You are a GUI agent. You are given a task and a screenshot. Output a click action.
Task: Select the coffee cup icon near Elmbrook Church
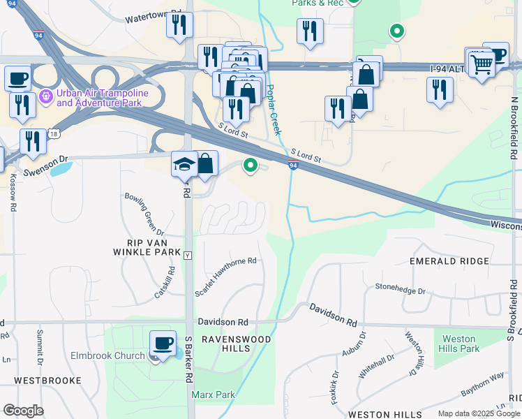click(163, 344)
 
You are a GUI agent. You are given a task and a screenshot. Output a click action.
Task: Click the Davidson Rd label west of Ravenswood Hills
click(223, 323)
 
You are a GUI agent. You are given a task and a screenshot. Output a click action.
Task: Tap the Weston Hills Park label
click(460, 344)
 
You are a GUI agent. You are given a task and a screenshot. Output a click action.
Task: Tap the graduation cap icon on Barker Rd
click(184, 164)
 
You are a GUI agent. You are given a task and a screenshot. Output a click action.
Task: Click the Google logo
click(23, 411)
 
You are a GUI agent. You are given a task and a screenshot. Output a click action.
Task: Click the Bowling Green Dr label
click(144, 213)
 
